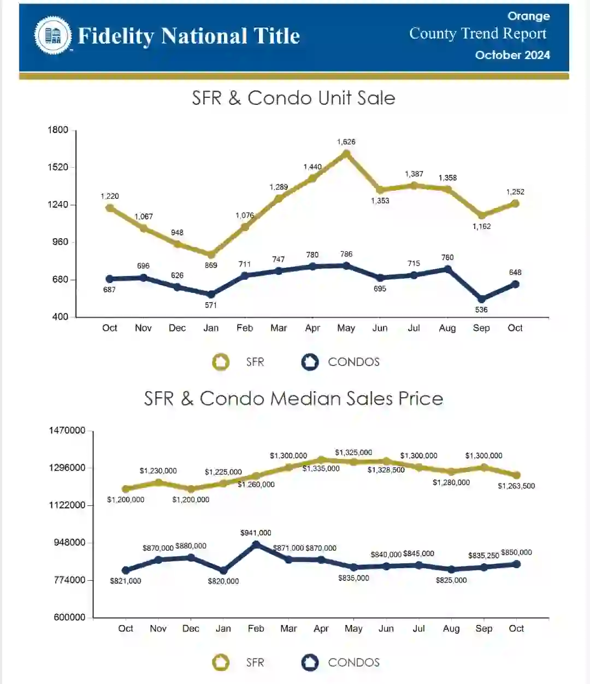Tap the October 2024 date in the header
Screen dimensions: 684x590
512,55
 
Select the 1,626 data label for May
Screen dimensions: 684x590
346,141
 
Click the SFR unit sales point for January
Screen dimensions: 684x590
211,254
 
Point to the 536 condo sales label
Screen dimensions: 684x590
481,309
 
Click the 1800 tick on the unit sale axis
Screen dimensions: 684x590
58,130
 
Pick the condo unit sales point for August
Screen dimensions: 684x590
447,269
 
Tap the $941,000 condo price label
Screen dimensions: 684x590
256,533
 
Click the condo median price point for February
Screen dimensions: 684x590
256,544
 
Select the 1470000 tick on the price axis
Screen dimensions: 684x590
67,431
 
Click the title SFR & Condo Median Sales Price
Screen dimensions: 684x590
293,398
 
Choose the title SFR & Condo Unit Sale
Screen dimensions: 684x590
293,98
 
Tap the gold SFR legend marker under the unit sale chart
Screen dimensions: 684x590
221,362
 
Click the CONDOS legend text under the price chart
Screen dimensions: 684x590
353,663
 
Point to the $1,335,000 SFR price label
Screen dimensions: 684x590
321,469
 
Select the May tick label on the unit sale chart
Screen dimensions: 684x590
346,328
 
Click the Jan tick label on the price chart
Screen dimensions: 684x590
223,628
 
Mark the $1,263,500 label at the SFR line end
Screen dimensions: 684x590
516,486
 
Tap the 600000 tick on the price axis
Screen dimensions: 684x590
69,617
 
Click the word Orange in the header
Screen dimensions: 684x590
528,16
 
